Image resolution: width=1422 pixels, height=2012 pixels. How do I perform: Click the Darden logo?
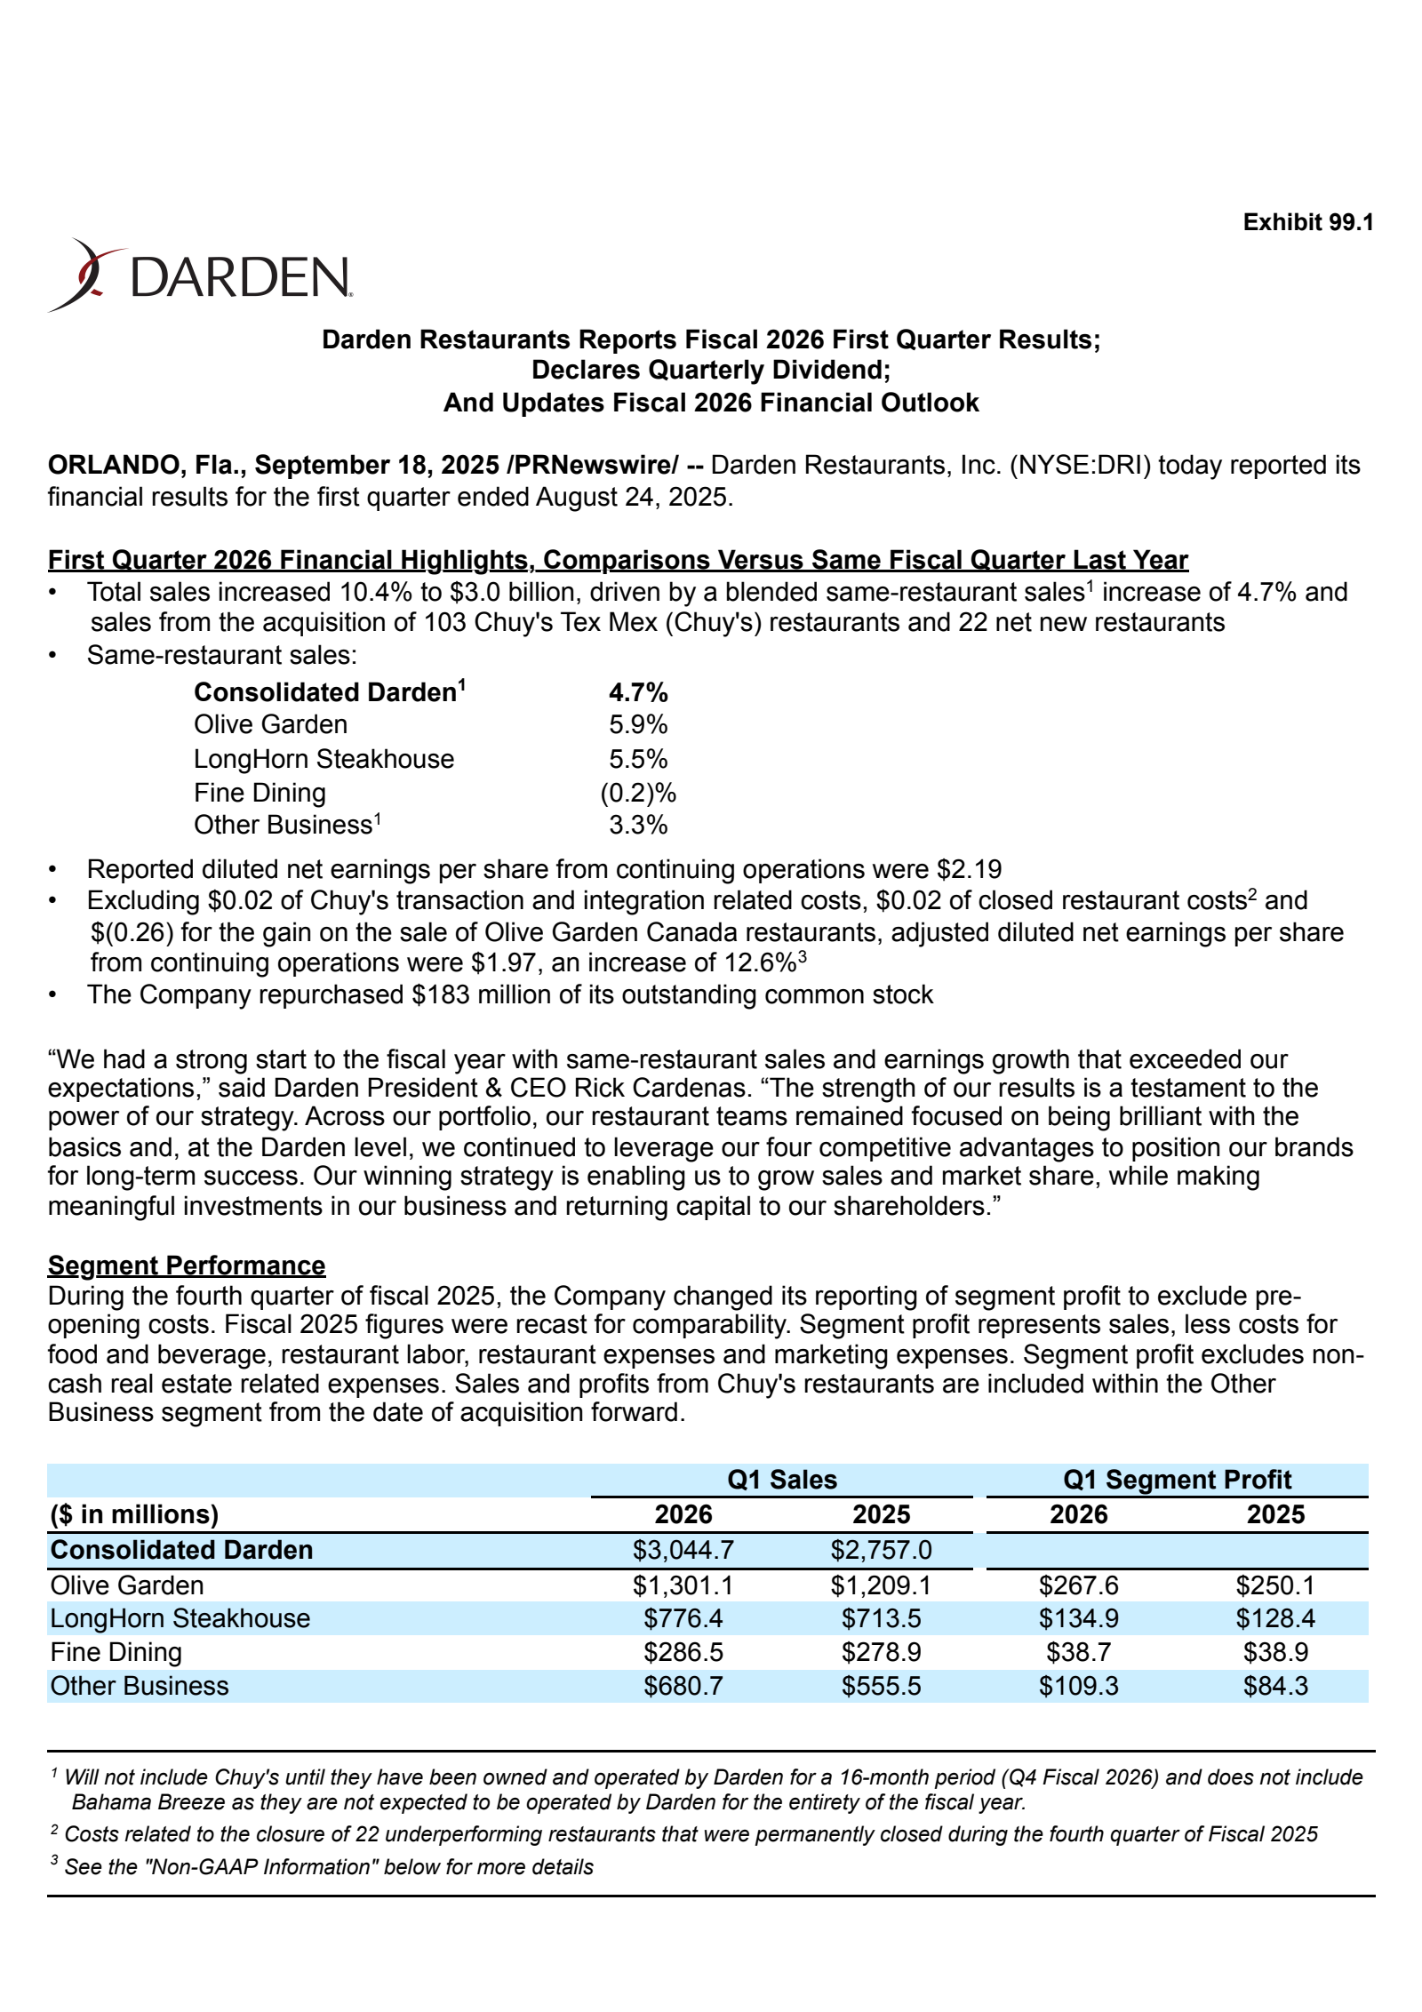point(200,275)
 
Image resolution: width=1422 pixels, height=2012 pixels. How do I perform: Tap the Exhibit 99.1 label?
point(1307,222)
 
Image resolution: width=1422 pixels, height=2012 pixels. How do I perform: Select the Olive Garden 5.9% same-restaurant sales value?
point(638,724)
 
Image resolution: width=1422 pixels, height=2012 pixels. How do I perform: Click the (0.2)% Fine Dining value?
point(638,792)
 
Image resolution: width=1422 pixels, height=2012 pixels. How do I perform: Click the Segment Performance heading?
point(187,1265)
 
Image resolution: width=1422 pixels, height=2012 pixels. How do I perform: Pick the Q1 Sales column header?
point(781,1480)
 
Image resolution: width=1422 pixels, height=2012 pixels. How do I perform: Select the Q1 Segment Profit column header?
point(1177,1480)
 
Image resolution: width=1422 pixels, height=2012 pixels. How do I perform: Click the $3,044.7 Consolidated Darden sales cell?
point(683,1550)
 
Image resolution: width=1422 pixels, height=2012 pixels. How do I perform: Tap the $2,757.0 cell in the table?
point(881,1550)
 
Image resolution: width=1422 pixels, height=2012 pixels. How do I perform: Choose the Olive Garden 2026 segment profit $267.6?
point(1078,1585)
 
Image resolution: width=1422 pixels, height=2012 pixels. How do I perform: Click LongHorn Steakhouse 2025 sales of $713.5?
point(881,1618)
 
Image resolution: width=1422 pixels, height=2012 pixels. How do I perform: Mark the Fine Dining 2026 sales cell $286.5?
point(683,1652)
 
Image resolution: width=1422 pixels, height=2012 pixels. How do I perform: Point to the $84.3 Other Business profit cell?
point(1275,1686)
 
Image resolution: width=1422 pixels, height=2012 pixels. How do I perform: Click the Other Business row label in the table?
point(140,1686)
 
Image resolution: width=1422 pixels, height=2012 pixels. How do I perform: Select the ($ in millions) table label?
point(134,1514)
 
